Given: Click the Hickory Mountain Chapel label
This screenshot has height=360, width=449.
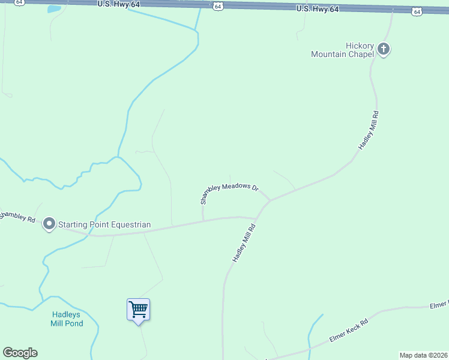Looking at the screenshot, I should (x=342, y=50).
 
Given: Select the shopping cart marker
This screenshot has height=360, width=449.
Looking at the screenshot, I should (x=139, y=310).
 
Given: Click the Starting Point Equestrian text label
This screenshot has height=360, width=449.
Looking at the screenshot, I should (x=104, y=225).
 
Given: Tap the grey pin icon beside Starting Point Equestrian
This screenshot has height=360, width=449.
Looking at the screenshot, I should (x=49, y=224).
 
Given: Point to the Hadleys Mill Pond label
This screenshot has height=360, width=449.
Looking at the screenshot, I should (x=66, y=319).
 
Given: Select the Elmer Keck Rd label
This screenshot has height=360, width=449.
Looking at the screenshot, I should (x=348, y=331).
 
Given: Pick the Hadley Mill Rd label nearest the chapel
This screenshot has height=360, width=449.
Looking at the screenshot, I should (x=368, y=130).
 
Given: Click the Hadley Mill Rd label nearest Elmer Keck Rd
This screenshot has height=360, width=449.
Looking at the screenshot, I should (x=244, y=243).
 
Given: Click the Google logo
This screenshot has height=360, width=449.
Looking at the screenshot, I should (x=20, y=353).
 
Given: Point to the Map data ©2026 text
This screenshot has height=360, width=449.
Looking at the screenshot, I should (x=423, y=355).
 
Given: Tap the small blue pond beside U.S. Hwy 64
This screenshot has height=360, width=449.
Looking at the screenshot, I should (x=54, y=9).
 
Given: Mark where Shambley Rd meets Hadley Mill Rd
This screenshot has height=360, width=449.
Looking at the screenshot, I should (x=258, y=218).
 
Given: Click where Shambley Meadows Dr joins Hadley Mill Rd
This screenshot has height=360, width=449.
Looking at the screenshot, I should (x=270, y=200).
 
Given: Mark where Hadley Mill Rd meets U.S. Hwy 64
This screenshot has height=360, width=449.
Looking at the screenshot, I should (x=392, y=11).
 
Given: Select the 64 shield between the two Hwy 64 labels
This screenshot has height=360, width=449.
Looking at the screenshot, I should (x=218, y=6).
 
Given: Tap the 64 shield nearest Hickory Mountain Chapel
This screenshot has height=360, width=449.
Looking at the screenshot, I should (x=417, y=11).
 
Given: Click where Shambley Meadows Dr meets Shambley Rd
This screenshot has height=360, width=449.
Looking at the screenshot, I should (x=203, y=220).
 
